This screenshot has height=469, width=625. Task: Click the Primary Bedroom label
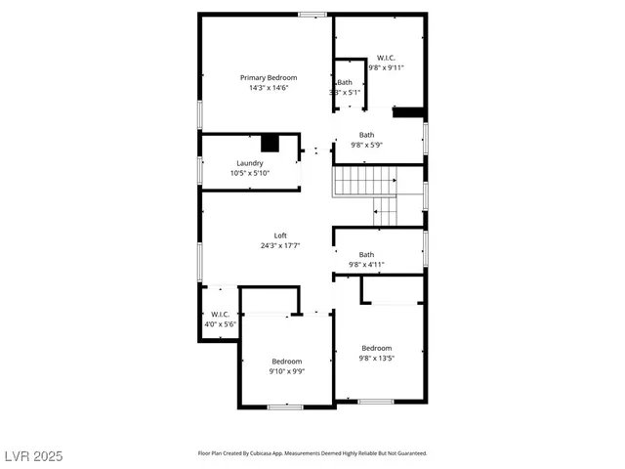tap(269, 77)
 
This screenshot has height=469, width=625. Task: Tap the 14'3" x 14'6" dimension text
tap(269, 88)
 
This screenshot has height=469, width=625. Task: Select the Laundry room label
tap(249, 163)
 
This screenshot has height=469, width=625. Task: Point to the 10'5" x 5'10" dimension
tap(249, 173)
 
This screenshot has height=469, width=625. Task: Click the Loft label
tap(280, 235)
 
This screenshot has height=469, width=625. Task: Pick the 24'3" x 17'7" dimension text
tap(280, 245)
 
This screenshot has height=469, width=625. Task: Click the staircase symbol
tap(364, 181)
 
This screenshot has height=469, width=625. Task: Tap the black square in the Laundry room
tap(271, 143)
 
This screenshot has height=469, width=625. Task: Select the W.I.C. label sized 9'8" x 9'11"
tap(386, 58)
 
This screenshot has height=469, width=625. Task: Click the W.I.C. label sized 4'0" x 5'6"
tap(220, 315)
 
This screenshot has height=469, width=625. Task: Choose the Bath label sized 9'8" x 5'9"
tap(366, 135)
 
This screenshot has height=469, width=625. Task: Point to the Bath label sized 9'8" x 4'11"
tap(366, 254)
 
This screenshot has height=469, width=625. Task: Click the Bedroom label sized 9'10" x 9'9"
tap(287, 361)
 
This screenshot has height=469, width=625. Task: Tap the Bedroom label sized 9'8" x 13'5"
tap(377, 348)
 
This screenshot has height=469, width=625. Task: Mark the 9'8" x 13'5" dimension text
tap(377, 359)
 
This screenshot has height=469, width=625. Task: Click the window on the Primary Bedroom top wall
tap(312, 14)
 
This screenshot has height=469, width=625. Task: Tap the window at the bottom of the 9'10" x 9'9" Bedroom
tap(285, 406)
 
